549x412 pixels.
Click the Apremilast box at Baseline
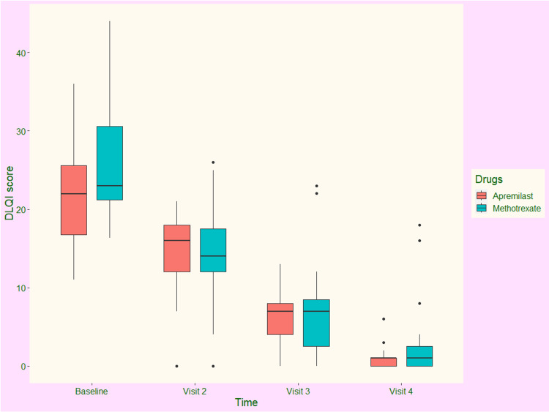point(73,200)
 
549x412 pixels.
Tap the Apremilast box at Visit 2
point(176,248)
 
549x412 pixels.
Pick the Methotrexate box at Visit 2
point(213,250)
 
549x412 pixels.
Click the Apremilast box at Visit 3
point(280,319)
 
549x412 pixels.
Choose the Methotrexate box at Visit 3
point(316,323)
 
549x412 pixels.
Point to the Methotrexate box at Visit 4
point(419,356)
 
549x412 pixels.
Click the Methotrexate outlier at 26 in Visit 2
point(213,162)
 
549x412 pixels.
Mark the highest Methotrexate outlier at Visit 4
point(419,225)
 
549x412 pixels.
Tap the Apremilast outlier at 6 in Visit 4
point(384,319)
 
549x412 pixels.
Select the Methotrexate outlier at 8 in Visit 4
point(419,303)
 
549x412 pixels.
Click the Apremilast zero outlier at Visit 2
point(176,366)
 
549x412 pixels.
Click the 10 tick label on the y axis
point(19,288)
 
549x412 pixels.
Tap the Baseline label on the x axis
point(91,392)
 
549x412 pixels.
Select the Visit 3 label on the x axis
point(298,392)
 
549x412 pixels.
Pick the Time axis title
point(246,402)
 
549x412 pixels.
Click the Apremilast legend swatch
point(481,195)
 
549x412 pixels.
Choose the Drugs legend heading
point(488,179)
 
